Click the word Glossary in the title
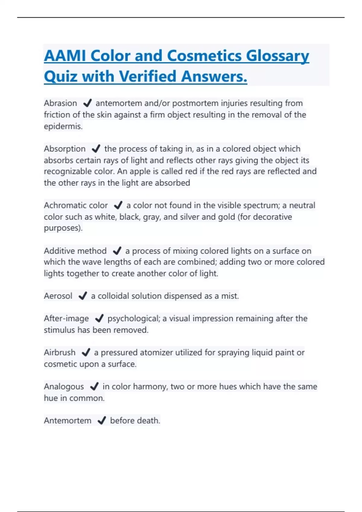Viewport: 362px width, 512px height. point(277,56)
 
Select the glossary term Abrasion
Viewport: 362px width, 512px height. point(60,103)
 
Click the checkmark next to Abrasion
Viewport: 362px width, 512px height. point(87,103)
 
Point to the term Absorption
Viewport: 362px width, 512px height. point(65,149)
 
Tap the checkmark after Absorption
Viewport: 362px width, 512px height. point(96,149)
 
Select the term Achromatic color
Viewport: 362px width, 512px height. point(76,205)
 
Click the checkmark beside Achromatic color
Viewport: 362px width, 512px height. point(118,205)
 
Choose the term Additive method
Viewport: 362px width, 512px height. point(75,251)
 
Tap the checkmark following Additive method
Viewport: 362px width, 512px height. point(117,251)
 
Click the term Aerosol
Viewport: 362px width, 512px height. point(58,296)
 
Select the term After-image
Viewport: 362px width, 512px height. point(66,318)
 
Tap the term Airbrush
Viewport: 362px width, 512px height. point(59,352)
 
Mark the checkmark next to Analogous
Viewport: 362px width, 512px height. point(94,386)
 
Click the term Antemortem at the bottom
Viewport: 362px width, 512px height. point(68,420)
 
